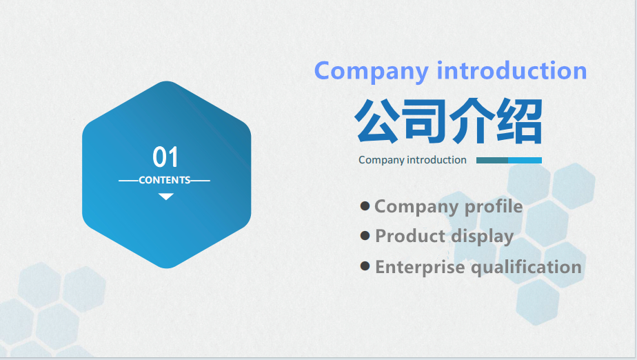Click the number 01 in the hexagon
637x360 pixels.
[165, 157]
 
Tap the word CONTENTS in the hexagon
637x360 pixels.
[165, 180]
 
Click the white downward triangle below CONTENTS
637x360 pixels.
[165, 197]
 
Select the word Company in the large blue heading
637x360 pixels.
[372, 72]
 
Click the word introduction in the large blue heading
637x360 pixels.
[512, 70]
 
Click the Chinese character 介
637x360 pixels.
[472, 121]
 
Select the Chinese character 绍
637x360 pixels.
[520, 121]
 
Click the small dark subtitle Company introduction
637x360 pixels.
[412, 160]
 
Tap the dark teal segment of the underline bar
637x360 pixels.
[492, 161]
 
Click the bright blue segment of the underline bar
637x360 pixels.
[525, 161]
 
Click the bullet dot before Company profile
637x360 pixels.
[365, 206]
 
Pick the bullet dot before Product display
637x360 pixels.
[365, 236]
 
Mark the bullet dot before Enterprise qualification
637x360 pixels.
[365, 266]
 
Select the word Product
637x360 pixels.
[410, 236]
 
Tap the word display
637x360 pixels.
[482, 237]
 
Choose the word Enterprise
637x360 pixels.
[420, 268]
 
